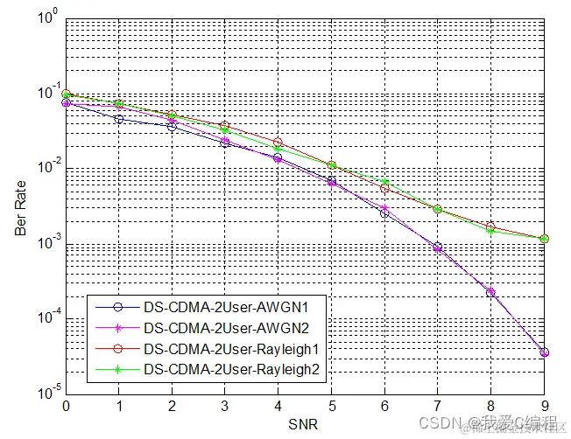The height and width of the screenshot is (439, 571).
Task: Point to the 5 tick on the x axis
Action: (331, 405)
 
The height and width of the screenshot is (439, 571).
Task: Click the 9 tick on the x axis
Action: (545, 405)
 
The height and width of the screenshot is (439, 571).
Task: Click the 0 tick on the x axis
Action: (66, 405)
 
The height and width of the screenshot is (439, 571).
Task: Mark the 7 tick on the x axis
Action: (438, 405)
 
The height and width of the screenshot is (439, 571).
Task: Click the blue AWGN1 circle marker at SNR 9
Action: (545, 352)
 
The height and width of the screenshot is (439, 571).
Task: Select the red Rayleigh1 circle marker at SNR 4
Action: (278, 142)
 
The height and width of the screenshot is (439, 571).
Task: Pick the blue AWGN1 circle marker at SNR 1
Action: (119, 118)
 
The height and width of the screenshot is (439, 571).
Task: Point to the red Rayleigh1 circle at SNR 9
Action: (545, 239)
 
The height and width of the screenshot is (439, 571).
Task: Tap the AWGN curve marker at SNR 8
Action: (491, 292)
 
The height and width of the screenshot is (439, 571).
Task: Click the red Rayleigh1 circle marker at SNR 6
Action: (384, 188)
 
